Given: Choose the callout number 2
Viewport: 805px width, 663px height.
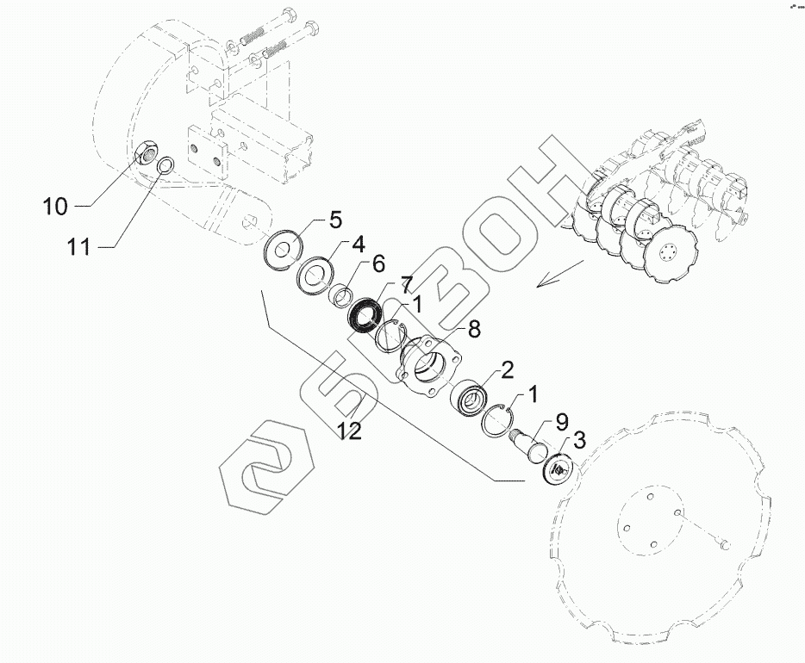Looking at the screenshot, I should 506,370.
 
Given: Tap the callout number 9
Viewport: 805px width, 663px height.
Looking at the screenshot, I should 561,422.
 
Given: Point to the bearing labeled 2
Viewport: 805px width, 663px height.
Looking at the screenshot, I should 470,399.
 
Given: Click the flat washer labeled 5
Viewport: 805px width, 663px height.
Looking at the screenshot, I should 283,251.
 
